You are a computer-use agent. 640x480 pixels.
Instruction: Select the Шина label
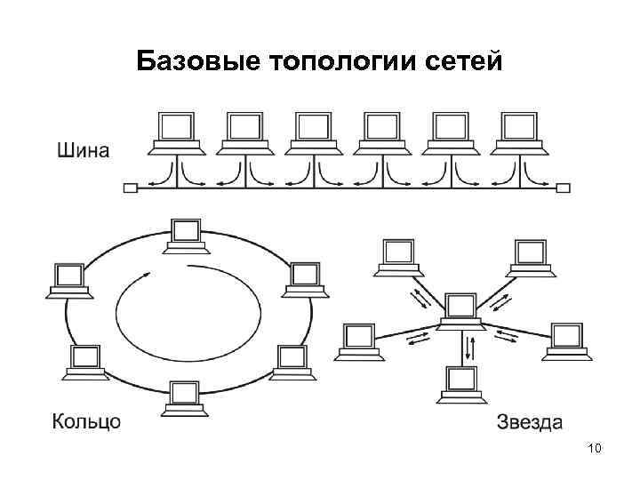pyautogui.click(x=84, y=149)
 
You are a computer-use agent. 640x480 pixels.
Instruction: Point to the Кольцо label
pyautogui.click(x=86, y=420)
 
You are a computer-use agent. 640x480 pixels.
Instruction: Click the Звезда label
pyautogui.click(x=530, y=420)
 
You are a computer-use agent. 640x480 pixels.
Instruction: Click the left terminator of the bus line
pyautogui.click(x=131, y=188)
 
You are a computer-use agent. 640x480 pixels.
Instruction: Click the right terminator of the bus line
pyautogui.click(x=563, y=188)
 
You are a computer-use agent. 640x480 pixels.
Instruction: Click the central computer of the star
pyautogui.click(x=460, y=311)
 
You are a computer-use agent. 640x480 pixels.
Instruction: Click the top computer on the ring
pyautogui.click(x=186, y=236)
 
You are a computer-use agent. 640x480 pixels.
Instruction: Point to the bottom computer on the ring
pyautogui.click(x=185, y=397)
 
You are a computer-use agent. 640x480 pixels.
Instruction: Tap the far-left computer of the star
pyautogui.click(x=357, y=340)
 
